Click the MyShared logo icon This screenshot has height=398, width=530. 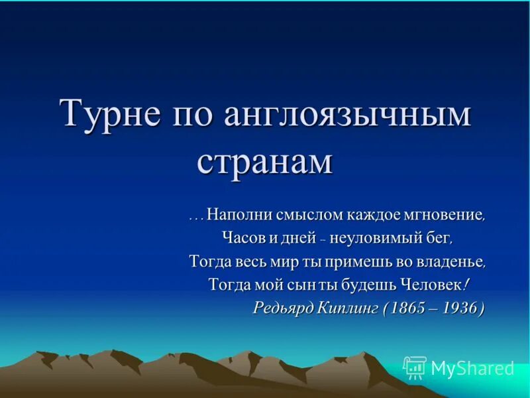tap(415, 367)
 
